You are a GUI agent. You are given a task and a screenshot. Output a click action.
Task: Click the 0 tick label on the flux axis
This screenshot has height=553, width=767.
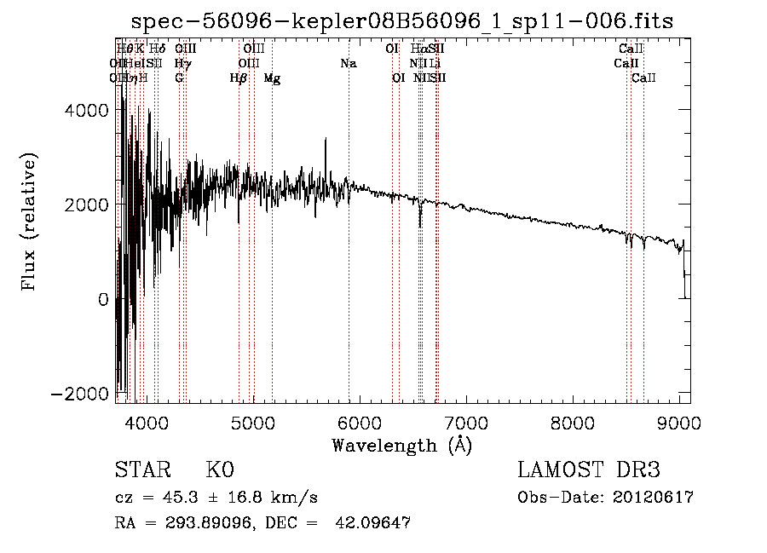click(103, 299)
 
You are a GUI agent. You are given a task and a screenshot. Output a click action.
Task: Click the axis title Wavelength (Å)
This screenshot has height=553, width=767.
click(401, 444)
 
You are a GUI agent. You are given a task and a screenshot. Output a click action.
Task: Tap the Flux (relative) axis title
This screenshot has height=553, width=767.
click(30, 222)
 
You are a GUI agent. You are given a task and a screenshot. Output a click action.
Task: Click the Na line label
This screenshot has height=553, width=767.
click(348, 64)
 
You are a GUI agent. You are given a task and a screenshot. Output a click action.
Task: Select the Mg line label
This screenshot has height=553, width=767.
click(272, 78)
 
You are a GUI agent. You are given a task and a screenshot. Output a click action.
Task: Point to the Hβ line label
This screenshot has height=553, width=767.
click(239, 78)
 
